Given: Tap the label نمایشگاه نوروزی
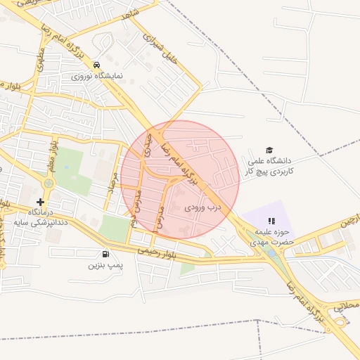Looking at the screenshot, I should coord(98,75).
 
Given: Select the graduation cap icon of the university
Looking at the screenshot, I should coord(268,150).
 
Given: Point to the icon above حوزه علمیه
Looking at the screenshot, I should coord(271,221).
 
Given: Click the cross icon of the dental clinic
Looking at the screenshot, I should coord(40,202).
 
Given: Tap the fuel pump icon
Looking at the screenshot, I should coord(105,255).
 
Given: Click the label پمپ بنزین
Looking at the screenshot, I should coord(105,265).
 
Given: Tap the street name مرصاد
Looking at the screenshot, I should coord(111,186).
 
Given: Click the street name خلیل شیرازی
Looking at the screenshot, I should coord(160,49).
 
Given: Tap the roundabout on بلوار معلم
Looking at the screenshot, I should coord(48,184).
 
